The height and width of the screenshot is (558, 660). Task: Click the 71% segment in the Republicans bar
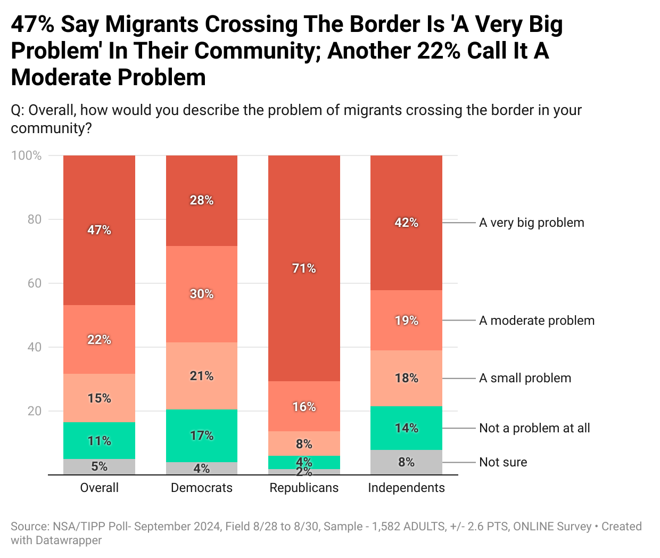pyautogui.click(x=304, y=268)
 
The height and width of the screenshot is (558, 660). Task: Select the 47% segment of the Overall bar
pyautogui.click(x=99, y=230)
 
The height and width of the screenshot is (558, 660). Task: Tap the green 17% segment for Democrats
pyautogui.click(x=202, y=436)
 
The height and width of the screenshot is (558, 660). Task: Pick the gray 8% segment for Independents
pyautogui.click(x=406, y=462)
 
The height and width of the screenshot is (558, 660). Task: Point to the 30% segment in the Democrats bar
pyautogui.click(x=202, y=294)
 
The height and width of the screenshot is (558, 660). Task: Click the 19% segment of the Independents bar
pyautogui.click(x=406, y=321)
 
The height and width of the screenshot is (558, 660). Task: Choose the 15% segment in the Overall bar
pyautogui.click(x=99, y=398)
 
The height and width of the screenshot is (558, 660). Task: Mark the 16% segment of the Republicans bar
pyautogui.click(x=304, y=407)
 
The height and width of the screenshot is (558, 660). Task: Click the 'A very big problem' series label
pyautogui.click(x=531, y=223)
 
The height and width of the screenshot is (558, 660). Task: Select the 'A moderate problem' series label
pyautogui.click(x=537, y=321)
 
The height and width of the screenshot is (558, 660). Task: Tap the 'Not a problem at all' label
pyautogui.click(x=534, y=428)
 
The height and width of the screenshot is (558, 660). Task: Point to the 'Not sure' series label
pyautogui.click(x=503, y=462)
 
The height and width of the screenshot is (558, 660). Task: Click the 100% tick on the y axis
pyautogui.click(x=27, y=155)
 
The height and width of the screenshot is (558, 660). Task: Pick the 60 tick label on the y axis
pyautogui.click(x=35, y=283)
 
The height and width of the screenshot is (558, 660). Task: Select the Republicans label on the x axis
pyautogui.click(x=304, y=488)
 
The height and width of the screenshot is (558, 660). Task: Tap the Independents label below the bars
pyautogui.click(x=406, y=488)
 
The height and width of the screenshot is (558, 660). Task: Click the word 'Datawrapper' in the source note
pyautogui.click(x=69, y=540)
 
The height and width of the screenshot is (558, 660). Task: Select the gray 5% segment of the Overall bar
pyautogui.click(x=99, y=466)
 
